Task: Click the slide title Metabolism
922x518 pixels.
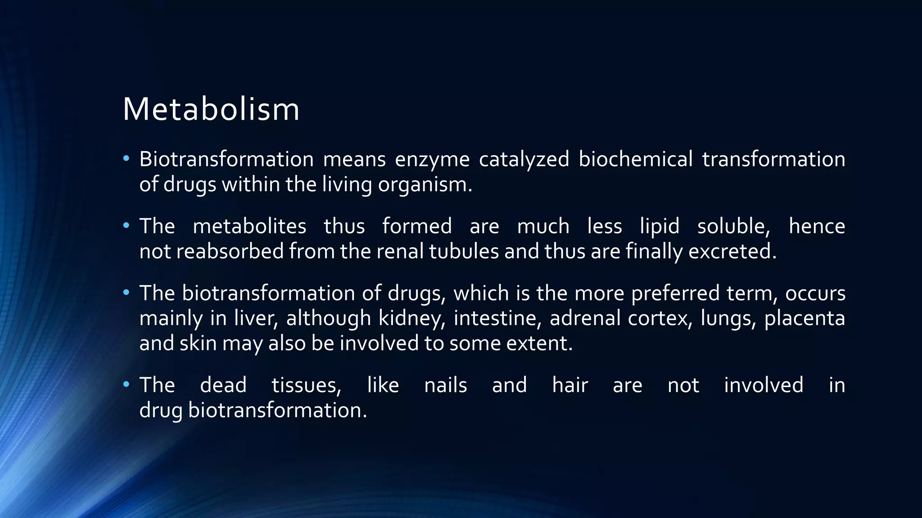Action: [x=211, y=109]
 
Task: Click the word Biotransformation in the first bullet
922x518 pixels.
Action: [x=226, y=160]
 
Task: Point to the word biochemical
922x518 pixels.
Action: [x=635, y=160]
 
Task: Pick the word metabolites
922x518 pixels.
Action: [x=249, y=226]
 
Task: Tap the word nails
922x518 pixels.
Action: [x=445, y=385]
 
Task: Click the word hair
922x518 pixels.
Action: [x=569, y=385]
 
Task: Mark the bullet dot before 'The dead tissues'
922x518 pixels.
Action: [x=126, y=384]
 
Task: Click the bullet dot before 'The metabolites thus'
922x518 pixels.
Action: [x=126, y=225]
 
